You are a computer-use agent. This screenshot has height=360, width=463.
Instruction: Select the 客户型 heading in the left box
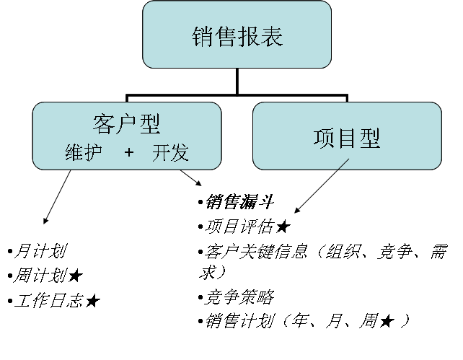tap(126, 123)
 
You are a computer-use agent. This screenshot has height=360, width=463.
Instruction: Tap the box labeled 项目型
tap(347, 137)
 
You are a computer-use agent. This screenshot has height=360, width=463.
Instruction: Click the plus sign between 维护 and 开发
tap(129, 152)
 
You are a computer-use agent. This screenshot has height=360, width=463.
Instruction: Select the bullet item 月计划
tap(41, 251)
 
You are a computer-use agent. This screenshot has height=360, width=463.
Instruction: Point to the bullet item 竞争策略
tap(239, 297)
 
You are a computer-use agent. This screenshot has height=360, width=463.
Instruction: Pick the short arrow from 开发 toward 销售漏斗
tap(190, 177)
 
